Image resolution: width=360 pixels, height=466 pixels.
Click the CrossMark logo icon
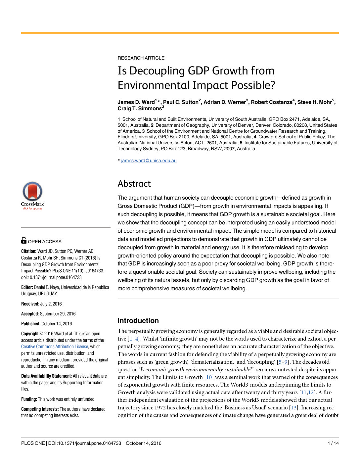click(32, 192)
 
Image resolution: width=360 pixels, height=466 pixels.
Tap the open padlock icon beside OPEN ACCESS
click(24, 240)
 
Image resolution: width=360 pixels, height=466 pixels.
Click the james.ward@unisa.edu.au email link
click(149, 161)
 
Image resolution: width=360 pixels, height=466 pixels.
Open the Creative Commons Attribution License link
click(55, 347)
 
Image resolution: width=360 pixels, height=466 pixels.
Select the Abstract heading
click(134, 184)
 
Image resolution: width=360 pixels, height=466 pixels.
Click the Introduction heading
click(138, 320)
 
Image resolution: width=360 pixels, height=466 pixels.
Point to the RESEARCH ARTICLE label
click(141, 58)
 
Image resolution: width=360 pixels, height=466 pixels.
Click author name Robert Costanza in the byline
click(271, 102)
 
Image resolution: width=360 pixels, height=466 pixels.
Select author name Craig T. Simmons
click(139, 109)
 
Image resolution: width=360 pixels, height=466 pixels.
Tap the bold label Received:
click(30, 304)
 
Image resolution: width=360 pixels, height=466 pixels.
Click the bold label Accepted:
click(30, 314)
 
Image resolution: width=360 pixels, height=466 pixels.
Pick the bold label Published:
click(31, 324)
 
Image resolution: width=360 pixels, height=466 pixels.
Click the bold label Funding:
click(29, 399)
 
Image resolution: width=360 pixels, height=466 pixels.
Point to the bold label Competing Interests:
click(40, 409)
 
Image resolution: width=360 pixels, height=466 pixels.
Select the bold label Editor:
click(27, 287)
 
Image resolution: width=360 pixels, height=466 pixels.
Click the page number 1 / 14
click(333, 443)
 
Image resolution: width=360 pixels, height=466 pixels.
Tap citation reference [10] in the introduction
click(208, 377)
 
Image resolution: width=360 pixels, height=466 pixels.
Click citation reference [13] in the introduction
click(294, 407)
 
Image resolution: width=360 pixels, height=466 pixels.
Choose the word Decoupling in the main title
click(157, 71)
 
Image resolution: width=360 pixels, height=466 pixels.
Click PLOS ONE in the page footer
click(33, 443)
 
